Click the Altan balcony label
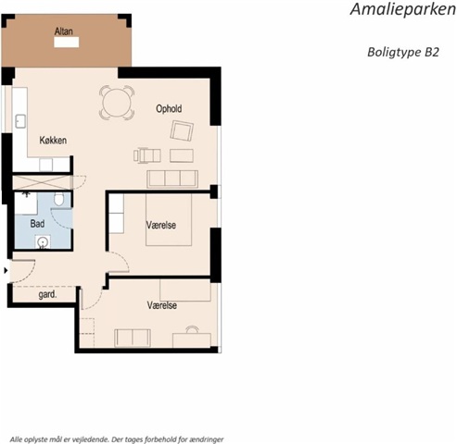(64, 31)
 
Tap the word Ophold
(169, 109)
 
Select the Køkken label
(53, 141)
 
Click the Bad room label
(37, 224)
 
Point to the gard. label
(47, 294)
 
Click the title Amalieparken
(403, 9)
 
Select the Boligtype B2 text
(403, 52)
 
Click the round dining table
(117, 103)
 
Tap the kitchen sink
(20, 121)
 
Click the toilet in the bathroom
(58, 199)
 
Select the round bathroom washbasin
(43, 242)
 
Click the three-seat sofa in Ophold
(172, 179)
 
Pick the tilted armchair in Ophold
(182, 130)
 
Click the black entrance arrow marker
(6, 271)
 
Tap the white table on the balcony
(67, 43)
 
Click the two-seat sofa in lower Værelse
(133, 338)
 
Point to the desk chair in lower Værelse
(192, 329)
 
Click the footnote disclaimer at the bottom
(117, 439)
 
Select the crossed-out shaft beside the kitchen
(43, 182)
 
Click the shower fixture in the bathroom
(27, 194)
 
